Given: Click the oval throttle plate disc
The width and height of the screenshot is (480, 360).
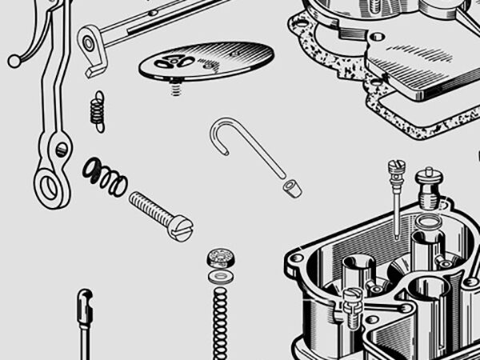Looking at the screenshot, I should pyautogui.click(x=206, y=62).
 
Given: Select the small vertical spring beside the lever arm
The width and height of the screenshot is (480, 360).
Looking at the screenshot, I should pyautogui.click(x=98, y=111).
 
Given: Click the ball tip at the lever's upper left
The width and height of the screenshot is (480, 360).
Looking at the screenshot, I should pyautogui.click(x=14, y=61).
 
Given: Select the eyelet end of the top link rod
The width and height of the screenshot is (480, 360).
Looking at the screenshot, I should pyautogui.click(x=90, y=39).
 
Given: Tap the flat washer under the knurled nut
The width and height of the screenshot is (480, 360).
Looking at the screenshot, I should pyautogui.click(x=218, y=275).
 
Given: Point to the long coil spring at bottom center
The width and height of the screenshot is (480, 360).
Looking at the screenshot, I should pyautogui.click(x=218, y=320).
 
